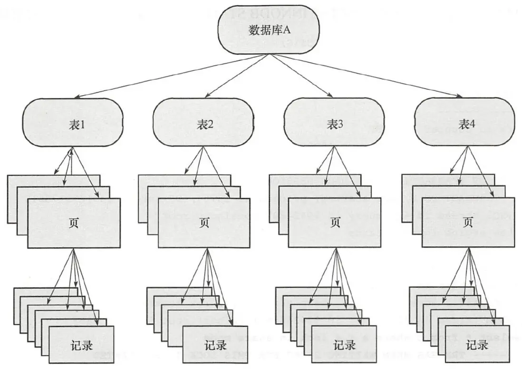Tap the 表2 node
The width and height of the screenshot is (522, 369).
point(204,123)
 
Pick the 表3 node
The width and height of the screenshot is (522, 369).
point(334,123)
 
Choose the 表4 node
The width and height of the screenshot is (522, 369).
point(464,123)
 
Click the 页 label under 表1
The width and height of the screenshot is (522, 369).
point(74,223)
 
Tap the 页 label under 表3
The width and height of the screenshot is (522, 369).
point(335,223)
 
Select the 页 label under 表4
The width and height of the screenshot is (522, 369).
point(468,223)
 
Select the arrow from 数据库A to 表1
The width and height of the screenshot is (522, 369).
point(166,77)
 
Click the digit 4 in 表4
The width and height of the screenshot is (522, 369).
point(472,124)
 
